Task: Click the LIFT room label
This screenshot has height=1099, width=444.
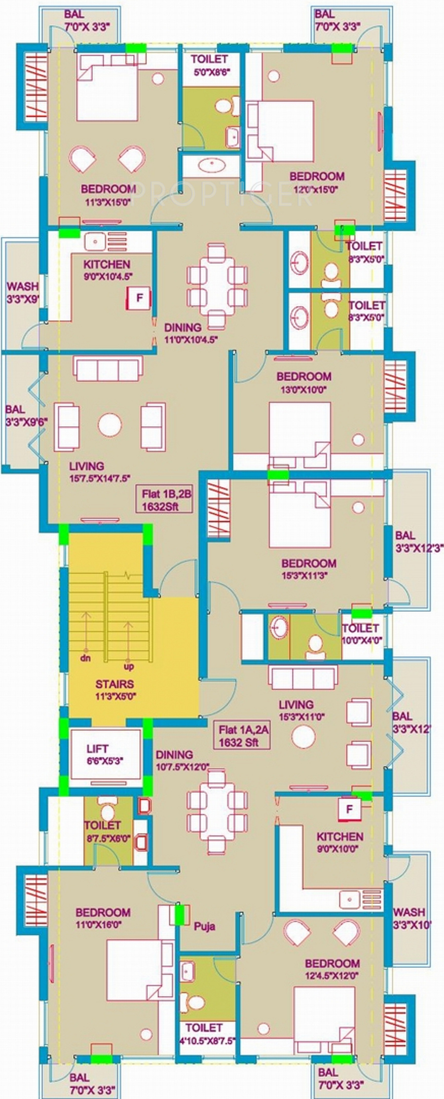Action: point(98,748)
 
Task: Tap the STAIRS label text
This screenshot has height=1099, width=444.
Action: point(114,684)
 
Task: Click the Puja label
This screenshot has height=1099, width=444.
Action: point(204,926)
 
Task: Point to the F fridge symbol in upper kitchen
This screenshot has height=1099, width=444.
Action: point(139,298)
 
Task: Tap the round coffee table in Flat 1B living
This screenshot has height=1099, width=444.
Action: point(110,425)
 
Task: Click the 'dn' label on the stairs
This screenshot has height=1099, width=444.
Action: point(86,658)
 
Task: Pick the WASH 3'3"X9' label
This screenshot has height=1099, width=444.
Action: point(23,292)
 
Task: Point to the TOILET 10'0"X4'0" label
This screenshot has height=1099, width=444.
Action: point(362,634)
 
